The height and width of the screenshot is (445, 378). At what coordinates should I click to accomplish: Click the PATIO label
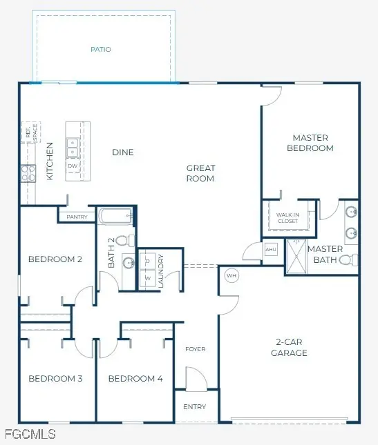tap(101, 50)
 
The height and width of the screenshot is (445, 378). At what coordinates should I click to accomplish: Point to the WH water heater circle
tap(231, 275)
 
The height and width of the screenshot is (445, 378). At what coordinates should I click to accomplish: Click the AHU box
tap(270, 250)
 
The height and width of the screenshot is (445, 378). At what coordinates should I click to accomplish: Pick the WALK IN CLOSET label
tap(287, 219)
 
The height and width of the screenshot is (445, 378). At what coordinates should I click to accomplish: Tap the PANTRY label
tap(77, 217)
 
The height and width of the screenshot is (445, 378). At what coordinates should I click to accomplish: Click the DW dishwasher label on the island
tap(73, 166)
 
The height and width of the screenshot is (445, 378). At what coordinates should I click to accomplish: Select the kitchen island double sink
tap(73, 147)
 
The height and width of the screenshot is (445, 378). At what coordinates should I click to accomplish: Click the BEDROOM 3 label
tap(55, 379)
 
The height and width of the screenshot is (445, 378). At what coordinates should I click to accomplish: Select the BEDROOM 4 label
tap(135, 379)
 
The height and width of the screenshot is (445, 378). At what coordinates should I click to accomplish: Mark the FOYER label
tap(196, 349)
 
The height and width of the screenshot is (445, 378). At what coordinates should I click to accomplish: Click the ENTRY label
tap(195, 407)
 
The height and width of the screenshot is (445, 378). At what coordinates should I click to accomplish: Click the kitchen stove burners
tap(28, 172)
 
